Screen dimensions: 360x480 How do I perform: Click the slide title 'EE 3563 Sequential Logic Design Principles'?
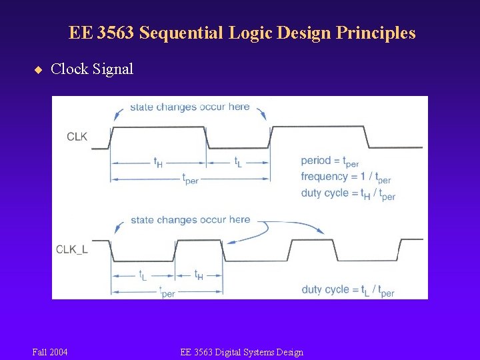[241, 33]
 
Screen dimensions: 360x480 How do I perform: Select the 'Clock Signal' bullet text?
[92, 69]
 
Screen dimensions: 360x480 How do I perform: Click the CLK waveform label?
[77, 137]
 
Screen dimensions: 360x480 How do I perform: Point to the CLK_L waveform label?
[72, 249]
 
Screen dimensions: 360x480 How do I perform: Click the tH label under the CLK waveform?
[158, 162]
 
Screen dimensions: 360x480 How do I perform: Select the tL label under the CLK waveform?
[237, 162]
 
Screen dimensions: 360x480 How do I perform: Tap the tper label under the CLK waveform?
[190, 179]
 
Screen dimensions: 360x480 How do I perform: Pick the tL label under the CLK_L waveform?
[143, 275]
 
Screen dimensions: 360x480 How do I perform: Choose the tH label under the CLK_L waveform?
[199, 275]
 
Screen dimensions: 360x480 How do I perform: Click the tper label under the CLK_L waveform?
[167, 292]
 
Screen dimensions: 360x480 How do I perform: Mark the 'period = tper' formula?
[329, 161]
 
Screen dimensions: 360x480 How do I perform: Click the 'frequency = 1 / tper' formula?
[345, 177]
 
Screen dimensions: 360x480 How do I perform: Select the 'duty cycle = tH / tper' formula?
[348, 194]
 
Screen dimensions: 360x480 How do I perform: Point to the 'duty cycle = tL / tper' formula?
[348, 290]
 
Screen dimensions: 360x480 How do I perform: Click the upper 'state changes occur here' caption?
[189, 107]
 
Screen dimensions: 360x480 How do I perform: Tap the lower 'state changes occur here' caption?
[190, 220]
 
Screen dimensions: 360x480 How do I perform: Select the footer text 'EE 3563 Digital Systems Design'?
[241, 352]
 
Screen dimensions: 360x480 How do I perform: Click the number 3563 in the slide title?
[115, 33]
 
